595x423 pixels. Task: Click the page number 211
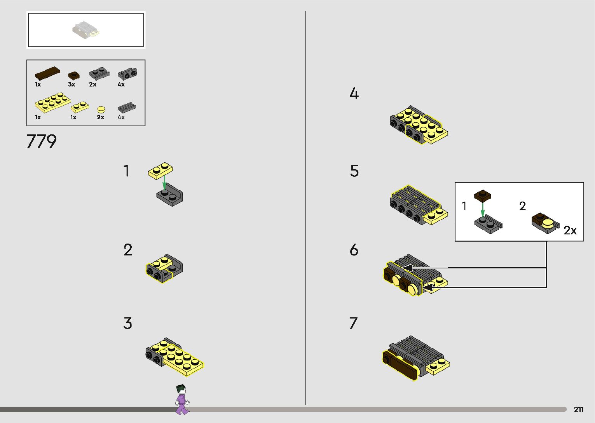[x=578, y=409]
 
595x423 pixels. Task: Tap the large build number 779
[x=42, y=141]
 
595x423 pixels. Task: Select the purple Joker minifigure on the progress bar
[x=181, y=399]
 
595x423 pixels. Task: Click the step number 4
[x=354, y=93]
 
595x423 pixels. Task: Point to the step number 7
[x=353, y=323]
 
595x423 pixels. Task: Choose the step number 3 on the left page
[x=128, y=323]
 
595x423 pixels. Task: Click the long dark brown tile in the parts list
[x=47, y=73]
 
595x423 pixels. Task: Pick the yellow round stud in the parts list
[x=101, y=110]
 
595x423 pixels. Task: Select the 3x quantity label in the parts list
[x=72, y=84]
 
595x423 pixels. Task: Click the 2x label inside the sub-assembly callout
[x=570, y=230]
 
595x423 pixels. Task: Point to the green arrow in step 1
[x=164, y=181]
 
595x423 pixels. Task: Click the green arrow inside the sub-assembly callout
[x=483, y=210]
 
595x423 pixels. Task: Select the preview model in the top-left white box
[x=85, y=30]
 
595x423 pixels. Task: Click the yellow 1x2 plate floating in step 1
[x=161, y=171]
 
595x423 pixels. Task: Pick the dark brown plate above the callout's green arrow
[x=482, y=195]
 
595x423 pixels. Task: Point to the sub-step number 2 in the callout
[x=522, y=206]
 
